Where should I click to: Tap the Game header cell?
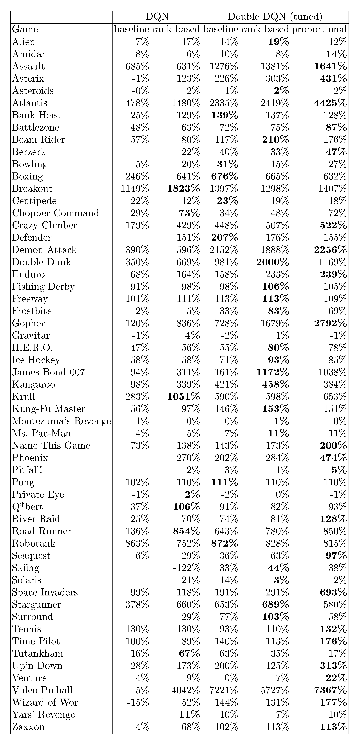click(x=25, y=29)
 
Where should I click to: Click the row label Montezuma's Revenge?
click(x=61, y=421)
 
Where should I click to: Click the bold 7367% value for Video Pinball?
click(x=330, y=690)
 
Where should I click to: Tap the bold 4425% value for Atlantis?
click(x=330, y=103)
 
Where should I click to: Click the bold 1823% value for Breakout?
click(x=183, y=189)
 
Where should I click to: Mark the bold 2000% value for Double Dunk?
click(x=272, y=262)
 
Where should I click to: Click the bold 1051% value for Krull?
click(x=183, y=397)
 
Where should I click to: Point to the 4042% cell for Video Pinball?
click(x=185, y=690)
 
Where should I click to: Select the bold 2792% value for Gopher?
click(x=330, y=323)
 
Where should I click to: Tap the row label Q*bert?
click(x=27, y=507)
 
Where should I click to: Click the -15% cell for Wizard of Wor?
click(x=138, y=702)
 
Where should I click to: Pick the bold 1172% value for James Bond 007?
click(x=272, y=372)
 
